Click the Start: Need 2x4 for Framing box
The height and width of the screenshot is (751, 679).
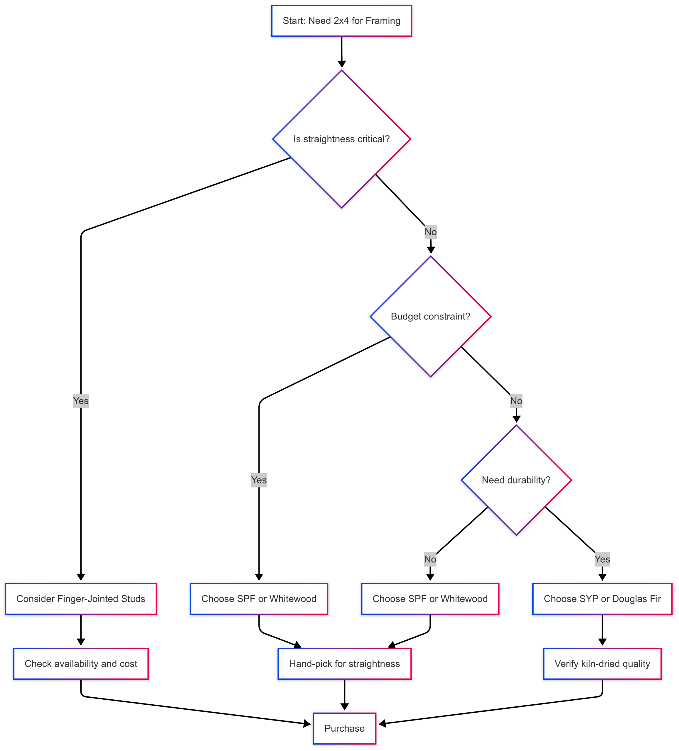click(x=341, y=21)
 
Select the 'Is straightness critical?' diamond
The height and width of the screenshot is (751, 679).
click(x=341, y=139)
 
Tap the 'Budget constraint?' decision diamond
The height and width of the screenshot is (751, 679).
click(x=430, y=316)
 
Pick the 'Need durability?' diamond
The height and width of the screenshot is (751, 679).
click(x=516, y=480)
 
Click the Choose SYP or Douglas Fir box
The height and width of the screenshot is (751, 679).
click(x=602, y=599)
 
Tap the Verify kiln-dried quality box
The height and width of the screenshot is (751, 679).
click(x=602, y=664)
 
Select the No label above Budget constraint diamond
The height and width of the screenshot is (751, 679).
click(x=430, y=232)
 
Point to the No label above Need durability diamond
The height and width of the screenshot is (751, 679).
click(x=516, y=401)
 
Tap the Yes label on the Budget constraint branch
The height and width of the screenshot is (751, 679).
click(x=259, y=480)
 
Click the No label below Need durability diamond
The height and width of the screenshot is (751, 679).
click(x=430, y=559)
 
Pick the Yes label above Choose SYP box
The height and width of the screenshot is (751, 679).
click(x=602, y=559)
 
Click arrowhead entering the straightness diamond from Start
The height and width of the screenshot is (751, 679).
click(x=341, y=64)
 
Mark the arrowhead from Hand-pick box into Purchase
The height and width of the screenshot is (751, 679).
click(x=345, y=706)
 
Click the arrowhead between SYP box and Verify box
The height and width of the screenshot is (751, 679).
click(x=602, y=642)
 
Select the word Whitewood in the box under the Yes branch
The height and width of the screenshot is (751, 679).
click(x=293, y=599)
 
